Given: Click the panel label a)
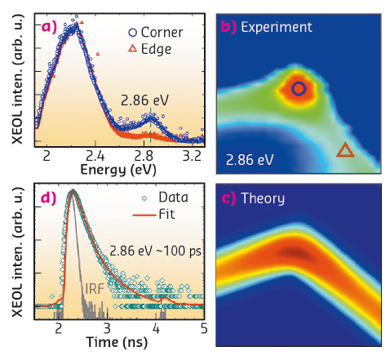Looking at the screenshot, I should tap(51, 27).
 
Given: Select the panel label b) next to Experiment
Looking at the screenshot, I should tap(229, 27).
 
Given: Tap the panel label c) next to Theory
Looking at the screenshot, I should tap(228, 198).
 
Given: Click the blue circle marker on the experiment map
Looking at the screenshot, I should tap(299, 88).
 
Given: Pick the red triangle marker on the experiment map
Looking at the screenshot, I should tap(345, 149).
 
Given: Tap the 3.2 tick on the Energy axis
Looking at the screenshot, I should tap(193, 154).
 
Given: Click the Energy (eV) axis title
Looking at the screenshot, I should tap(120, 169).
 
